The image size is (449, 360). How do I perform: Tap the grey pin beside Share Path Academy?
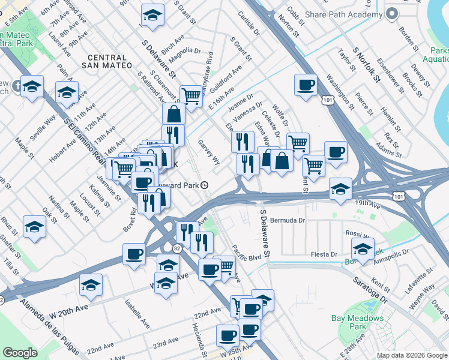tap(393, 14)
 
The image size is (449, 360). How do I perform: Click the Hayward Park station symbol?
tap(205, 185)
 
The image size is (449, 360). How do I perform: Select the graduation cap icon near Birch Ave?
tap(152, 16)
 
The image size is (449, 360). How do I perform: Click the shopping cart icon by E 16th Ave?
tap(191, 95)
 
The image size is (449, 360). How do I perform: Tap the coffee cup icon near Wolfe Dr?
tap(306, 85)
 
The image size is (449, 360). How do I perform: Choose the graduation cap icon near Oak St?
tap(34, 227)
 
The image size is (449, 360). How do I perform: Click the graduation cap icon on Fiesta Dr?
tap(363, 249)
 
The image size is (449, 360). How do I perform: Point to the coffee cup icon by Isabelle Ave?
tap(134, 254)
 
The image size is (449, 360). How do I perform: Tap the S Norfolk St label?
tap(367, 64)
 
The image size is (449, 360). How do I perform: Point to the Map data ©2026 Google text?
tap(412, 355)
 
